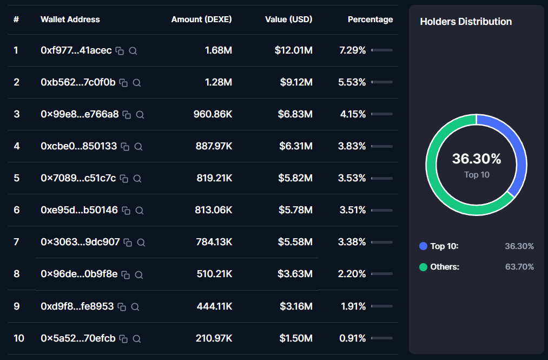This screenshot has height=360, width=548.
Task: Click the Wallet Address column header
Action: (x=70, y=19)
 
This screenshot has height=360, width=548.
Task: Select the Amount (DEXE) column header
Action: (x=202, y=19)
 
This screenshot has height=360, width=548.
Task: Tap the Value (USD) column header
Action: (x=289, y=19)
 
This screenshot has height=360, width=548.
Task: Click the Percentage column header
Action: (x=370, y=19)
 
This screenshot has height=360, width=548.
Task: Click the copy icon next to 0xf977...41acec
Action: (x=120, y=51)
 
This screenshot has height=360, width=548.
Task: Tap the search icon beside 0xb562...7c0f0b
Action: (x=137, y=83)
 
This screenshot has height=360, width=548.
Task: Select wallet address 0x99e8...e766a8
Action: (x=80, y=114)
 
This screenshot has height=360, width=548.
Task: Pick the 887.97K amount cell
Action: (x=214, y=146)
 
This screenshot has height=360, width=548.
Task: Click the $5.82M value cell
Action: (x=295, y=178)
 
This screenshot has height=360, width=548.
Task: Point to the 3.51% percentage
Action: (x=353, y=210)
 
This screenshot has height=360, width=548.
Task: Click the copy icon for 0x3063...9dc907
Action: (x=128, y=243)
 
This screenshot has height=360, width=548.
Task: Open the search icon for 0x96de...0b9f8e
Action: (x=138, y=275)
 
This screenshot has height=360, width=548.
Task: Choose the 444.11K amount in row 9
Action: (x=214, y=306)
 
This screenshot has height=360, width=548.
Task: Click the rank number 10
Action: (x=19, y=338)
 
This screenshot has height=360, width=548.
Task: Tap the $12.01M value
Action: (x=294, y=50)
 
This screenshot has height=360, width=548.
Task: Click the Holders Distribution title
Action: (x=466, y=22)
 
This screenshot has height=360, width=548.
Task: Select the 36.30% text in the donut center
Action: (x=477, y=159)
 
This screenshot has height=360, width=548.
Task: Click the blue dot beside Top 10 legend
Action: (x=423, y=246)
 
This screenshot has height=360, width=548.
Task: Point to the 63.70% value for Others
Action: (x=519, y=267)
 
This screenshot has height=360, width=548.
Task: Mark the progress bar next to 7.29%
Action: (x=382, y=50)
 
